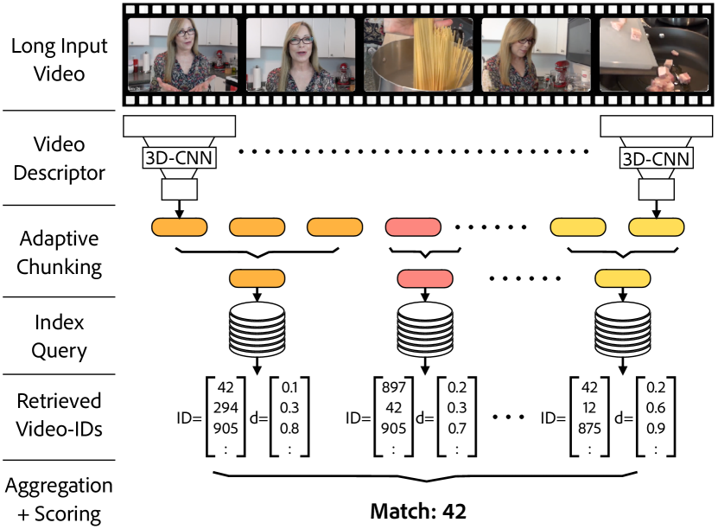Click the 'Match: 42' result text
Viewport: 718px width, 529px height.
[x=419, y=512]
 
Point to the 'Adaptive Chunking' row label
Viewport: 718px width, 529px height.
[x=58, y=252]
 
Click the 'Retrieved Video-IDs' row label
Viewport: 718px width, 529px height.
[x=59, y=415]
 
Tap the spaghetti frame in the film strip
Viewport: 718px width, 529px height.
[x=418, y=57]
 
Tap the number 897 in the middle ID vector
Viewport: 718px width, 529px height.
[x=394, y=389]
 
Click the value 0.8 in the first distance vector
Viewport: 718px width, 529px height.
[x=289, y=426]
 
